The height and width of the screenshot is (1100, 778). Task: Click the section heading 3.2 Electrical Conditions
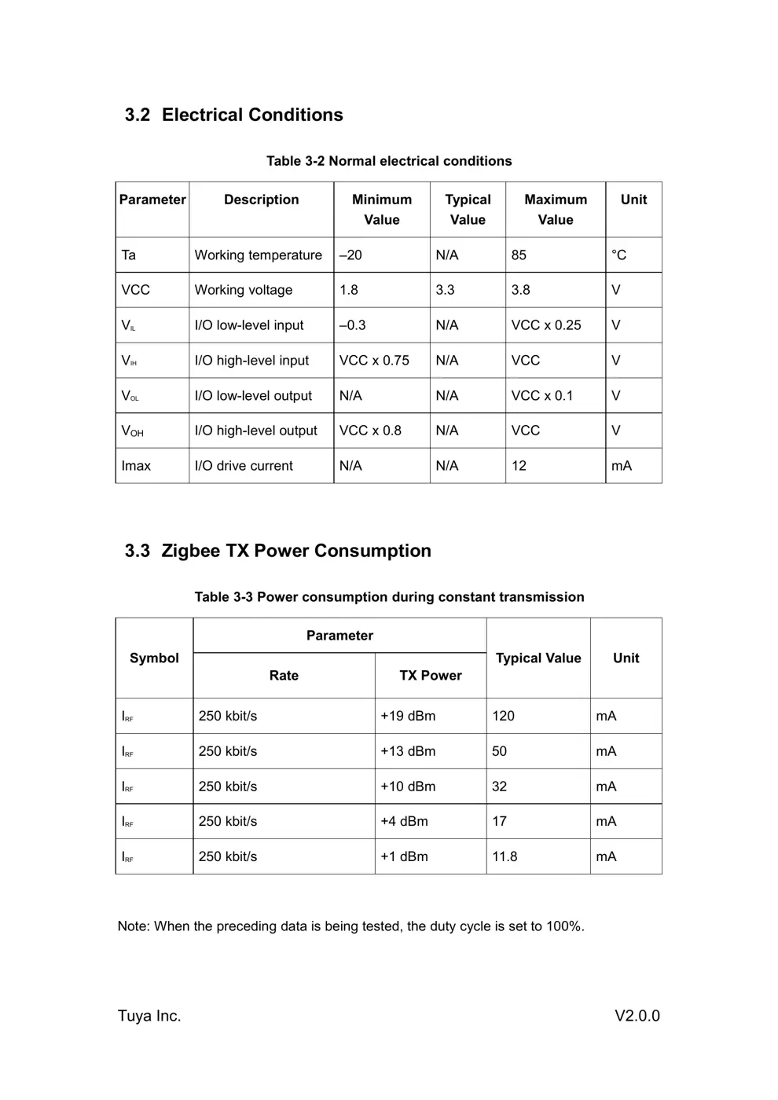pyautogui.click(x=233, y=115)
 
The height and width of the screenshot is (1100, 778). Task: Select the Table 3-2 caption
pyautogui.click(x=389, y=161)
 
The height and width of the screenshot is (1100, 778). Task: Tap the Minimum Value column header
pyautogui.click(x=381, y=210)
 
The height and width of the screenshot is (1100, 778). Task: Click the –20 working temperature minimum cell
pyautogui.click(x=350, y=255)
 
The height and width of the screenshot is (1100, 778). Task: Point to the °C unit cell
pyautogui.click(x=618, y=255)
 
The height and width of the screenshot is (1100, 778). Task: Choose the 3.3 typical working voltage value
pyautogui.click(x=445, y=290)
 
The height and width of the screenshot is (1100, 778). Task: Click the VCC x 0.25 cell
pyautogui.click(x=545, y=325)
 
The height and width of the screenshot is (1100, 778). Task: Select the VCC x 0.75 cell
pyautogui.click(x=374, y=361)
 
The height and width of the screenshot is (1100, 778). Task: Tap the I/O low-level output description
pyautogui.click(x=253, y=396)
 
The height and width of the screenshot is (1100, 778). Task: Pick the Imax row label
pyautogui.click(x=136, y=466)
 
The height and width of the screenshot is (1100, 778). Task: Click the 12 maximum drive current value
pyautogui.click(x=519, y=466)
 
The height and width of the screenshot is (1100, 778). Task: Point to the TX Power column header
pyautogui.click(x=430, y=676)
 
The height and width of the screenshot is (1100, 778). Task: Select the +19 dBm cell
pyautogui.click(x=408, y=716)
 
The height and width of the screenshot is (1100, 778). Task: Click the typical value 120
pyautogui.click(x=503, y=716)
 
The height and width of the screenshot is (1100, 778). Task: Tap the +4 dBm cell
pyautogui.click(x=404, y=821)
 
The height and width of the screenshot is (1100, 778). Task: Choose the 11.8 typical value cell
pyautogui.click(x=505, y=856)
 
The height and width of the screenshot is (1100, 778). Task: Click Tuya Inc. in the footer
pyautogui.click(x=149, y=1016)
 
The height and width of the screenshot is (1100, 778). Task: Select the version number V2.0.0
pyautogui.click(x=637, y=1016)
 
